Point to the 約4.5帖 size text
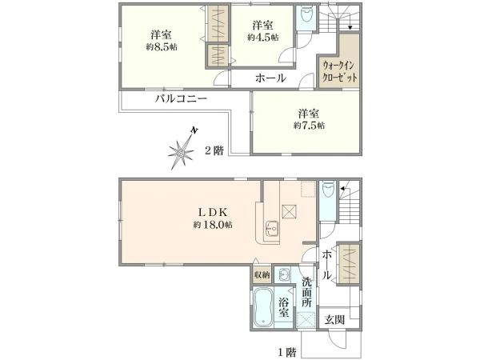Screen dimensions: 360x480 (x=262, y=37)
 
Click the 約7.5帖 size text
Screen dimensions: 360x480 (x=309, y=126)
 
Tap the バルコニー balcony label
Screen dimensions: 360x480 (x=182, y=99)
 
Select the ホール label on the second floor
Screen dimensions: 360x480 (x=270, y=78)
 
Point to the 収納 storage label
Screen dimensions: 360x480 (x=262, y=275)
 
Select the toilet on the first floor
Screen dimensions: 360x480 (x=328, y=193)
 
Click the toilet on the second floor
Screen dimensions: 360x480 (x=305, y=17)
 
